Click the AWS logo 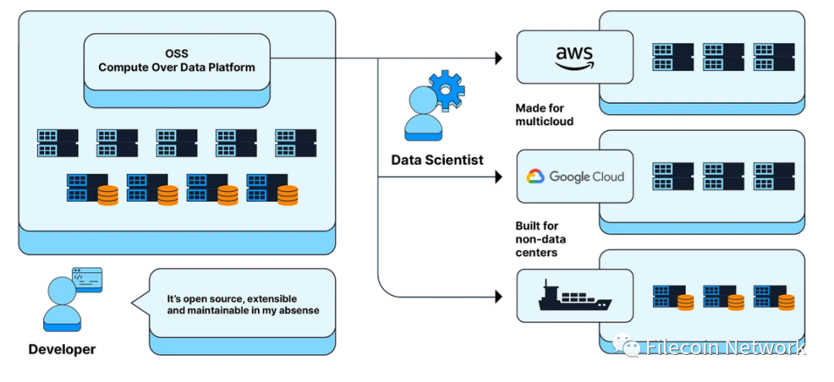coord(575,57)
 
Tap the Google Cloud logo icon coord(535,176)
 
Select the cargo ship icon coord(575,295)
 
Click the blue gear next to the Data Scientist coord(447,90)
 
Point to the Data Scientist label coord(437,159)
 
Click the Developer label coord(62,350)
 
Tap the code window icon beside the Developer coord(86,280)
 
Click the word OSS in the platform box coord(177,54)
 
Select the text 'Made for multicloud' coord(544,114)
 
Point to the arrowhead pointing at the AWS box coord(498,58)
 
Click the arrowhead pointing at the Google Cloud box coord(498,177)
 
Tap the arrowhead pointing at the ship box coord(498,297)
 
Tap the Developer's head coord(62,290)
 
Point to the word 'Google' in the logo coord(567,176)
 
